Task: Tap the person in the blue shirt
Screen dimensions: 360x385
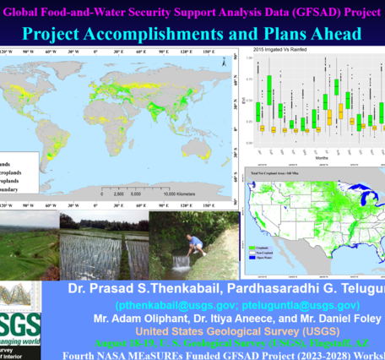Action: tap(197, 245)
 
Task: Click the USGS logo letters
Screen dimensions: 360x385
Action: tap(19, 326)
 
